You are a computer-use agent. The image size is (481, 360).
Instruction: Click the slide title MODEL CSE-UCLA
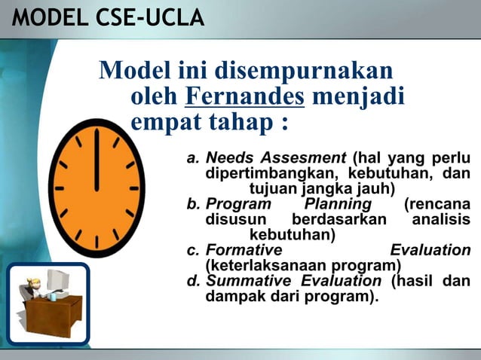coord(108,17)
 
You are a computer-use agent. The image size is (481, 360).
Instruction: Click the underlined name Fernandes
coord(244,97)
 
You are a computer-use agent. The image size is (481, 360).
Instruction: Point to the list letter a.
coord(192,159)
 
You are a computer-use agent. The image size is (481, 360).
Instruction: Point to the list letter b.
coord(192,205)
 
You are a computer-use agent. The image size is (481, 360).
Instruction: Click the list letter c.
coord(192,250)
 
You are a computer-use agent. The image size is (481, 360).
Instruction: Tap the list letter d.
coord(192,281)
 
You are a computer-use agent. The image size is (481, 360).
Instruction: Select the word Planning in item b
coord(338,205)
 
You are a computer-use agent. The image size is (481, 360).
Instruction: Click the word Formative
coord(244,250)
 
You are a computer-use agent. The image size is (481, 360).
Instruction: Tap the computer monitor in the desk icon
coord(56,283)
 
